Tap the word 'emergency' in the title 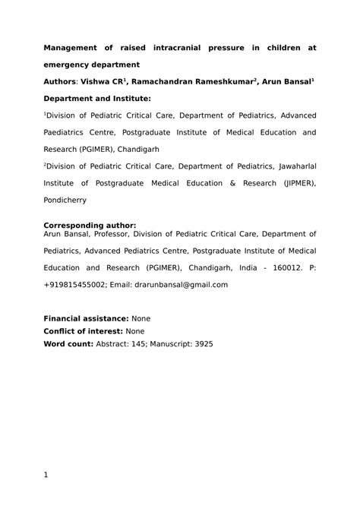73,65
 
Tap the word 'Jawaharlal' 293,166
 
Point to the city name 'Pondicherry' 65,200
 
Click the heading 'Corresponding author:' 90,225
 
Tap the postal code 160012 281,268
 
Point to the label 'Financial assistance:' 87,318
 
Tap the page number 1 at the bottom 46,476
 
